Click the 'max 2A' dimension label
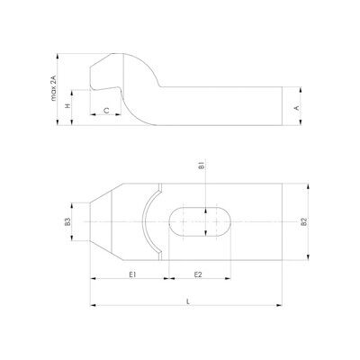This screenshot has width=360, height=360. [53, 87]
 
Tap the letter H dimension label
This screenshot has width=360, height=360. [68, 105]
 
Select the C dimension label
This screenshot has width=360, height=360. [106, 111]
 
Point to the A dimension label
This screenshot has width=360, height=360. [297, 108]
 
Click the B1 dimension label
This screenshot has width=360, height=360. [202, 166]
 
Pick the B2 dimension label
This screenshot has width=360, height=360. [303, 222]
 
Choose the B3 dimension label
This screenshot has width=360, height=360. [68, 222]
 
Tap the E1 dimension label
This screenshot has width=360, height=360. [132, 274]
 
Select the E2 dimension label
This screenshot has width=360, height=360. [198, 274]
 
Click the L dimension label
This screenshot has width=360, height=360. [188, 301]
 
